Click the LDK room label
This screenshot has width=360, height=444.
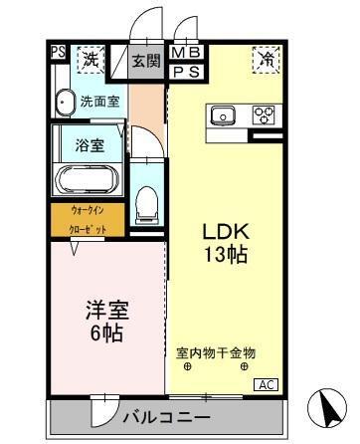[224, 232]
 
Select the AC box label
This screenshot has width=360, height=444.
[267, 384]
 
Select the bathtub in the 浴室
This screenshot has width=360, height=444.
[88, 179]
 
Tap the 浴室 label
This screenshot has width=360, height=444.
[89, 145]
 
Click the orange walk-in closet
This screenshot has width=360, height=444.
[89, 220]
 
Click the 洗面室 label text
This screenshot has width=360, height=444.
[100, 100]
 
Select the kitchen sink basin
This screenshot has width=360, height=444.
[224, 114]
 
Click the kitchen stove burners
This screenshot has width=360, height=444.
[264, 113]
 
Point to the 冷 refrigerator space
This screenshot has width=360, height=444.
[266, 60]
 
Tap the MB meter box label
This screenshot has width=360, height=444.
[185, 53]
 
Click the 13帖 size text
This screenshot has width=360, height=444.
[224, 255]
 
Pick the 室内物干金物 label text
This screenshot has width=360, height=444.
[216, 353]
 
